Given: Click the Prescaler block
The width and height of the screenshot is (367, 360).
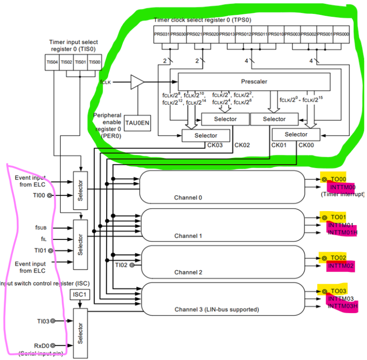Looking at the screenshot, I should (254, 82).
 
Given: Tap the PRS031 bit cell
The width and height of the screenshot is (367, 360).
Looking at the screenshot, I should (162, 34).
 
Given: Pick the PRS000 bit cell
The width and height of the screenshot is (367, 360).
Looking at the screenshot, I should (341, 34).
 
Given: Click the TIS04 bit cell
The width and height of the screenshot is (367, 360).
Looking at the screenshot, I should (52, 62).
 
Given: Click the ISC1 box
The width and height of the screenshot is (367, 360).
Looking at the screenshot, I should (79, 296).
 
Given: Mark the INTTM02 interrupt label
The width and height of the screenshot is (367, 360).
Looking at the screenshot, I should (341, 266).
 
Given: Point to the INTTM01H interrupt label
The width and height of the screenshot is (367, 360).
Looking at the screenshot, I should (342, 233).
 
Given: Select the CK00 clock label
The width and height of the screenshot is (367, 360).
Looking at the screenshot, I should (305, 145).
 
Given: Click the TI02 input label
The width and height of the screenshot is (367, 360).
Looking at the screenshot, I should (122, 265).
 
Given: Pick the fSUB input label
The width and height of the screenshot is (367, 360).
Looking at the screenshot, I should (41, 228).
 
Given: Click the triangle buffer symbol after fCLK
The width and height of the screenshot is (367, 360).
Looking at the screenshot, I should (137, 82).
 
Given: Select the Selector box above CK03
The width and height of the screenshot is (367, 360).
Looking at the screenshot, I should (206, 135).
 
